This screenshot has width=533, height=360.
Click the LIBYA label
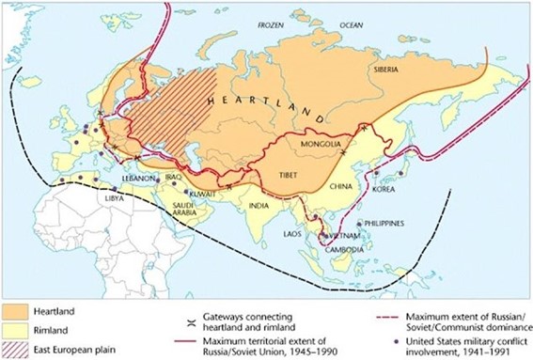tap(113, 198)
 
